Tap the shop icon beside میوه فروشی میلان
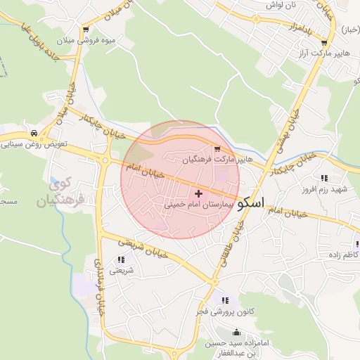click(85, 30)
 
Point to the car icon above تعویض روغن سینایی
click(34, 133)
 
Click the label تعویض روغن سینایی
click(34, 144)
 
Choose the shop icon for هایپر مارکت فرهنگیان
click(217, 149)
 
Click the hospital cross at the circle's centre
click(198, 193)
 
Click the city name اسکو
click(252, 203)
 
